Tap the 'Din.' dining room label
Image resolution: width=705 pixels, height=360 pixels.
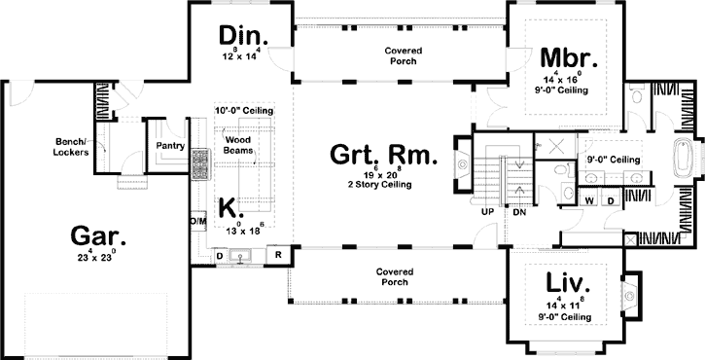pos(242,37)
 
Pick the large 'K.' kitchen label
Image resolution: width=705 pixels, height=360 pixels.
pos(229,207)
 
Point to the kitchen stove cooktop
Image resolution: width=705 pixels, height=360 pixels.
pos(201,164)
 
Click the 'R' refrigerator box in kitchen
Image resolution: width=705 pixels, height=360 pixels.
pos(278,230)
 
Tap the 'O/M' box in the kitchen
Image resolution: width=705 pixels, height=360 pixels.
pos(198,221)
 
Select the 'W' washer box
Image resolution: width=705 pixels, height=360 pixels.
pos(590,200)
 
